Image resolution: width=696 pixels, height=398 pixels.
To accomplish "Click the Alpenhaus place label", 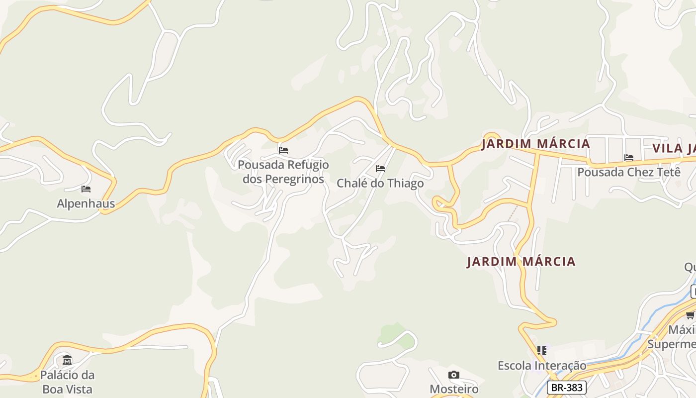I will click(86, 203).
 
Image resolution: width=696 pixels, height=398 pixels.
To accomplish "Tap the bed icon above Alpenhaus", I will click(86, 189).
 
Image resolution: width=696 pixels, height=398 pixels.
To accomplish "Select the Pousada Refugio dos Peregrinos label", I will click(283, 172).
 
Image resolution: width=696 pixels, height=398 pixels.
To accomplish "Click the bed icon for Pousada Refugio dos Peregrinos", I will click(283, 150).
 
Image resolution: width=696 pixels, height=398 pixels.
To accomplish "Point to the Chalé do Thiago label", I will click(380, 183).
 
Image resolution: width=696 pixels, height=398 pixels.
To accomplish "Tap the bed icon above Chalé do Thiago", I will click(380, 169).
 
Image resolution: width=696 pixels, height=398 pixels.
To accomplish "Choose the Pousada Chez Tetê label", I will click(628, 172).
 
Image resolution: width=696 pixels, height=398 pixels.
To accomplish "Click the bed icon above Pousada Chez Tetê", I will click(629, 158).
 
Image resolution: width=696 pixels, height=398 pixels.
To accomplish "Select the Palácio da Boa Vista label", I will click(67, 382).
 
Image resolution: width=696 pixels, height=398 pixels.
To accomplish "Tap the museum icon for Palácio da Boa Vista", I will click(67, 360).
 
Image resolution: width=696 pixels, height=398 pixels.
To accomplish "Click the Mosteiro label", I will click(454, 389).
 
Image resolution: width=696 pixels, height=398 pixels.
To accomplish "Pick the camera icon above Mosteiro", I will click(453, 375).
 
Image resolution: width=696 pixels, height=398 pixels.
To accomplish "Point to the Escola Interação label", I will click(542, 366).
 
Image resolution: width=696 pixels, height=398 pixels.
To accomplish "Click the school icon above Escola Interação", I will click(542, 351).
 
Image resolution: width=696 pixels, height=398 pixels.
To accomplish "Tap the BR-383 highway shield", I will click(567, 388).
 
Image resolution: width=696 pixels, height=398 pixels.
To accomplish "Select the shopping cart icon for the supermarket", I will click(691, 315).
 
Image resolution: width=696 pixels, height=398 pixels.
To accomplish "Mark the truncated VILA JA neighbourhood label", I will click(674, 148).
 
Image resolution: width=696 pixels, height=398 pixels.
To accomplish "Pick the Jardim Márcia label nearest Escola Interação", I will click(521, 262).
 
